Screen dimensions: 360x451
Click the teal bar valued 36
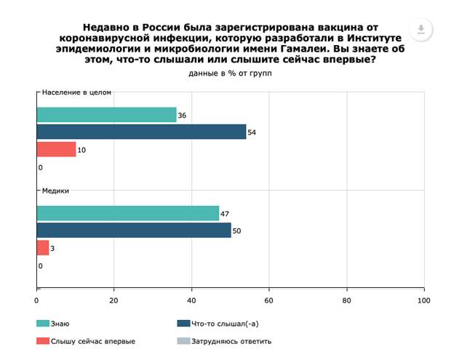coord(106,115)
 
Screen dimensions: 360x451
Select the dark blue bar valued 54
coord(141,132)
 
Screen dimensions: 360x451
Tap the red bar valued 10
coord(56,149)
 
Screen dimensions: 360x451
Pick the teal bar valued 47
coord(127,213)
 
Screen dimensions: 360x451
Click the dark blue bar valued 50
coord(133,231)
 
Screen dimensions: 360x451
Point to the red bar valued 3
coord(42,248)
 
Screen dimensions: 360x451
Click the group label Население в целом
coord(76,93)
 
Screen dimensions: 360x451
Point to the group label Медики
coord(56,191)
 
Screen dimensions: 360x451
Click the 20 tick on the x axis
coord(114,300)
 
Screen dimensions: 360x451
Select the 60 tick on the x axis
coord(269,300)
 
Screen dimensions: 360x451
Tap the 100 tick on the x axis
coord(423,300)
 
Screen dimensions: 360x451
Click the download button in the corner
coord(421,30)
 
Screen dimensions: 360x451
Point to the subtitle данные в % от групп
coord(225,73)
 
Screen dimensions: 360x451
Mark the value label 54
coord(253,132)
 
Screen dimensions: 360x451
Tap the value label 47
coord(225,213)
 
